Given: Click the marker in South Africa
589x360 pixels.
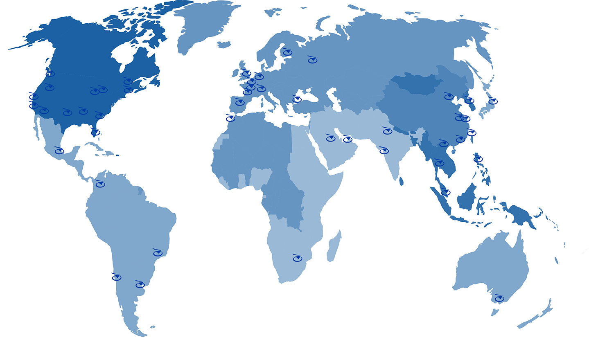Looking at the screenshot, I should (x=297, y=258).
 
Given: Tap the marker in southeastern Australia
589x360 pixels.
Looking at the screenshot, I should (x=499, y=299).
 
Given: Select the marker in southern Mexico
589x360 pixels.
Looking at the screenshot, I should (x=59, y=151).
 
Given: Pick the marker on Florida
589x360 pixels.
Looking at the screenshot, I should (x=95, y=132).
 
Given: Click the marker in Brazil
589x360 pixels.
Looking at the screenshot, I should (x=158, y=253).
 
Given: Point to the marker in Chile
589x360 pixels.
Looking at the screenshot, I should (x=117, y=277).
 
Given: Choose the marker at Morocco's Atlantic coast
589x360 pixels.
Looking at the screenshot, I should (x=230, y=119).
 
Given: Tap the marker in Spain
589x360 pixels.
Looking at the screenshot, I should (x=240, y=102).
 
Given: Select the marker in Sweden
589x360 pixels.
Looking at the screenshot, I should (x=287, y=52).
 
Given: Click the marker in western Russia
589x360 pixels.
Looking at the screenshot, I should (x=312, y=61).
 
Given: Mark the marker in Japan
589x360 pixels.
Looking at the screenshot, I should (x=492, y=101).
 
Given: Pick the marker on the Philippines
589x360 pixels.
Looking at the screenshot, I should (x=478, y=159).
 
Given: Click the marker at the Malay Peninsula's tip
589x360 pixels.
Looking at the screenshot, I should (x=445, y=192).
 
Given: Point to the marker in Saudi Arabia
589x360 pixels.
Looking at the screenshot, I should (x=330, y=138).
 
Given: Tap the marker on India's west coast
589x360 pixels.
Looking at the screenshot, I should (x=384, y=151).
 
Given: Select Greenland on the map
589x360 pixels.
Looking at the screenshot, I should (x=205, y=25).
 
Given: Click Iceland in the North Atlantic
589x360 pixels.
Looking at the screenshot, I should (x=224, y=45).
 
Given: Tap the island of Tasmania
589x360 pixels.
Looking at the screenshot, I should (x=495, y=313).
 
